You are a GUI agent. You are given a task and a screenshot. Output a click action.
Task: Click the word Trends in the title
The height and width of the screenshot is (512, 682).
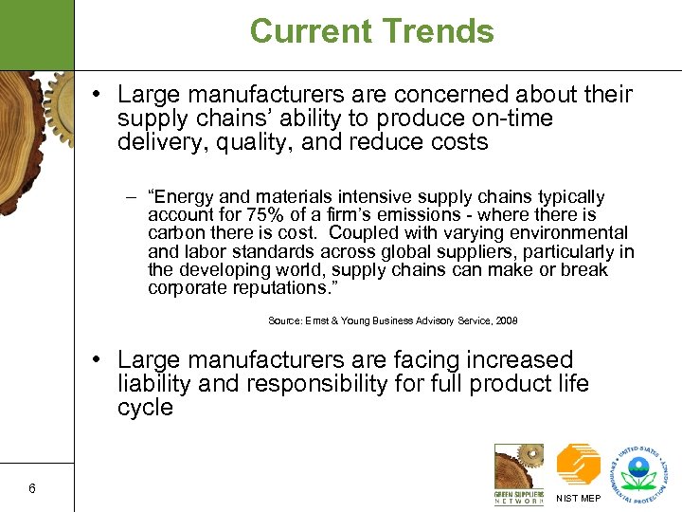coord(439,31)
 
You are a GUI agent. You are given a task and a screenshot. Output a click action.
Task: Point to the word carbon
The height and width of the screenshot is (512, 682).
coord(175,232)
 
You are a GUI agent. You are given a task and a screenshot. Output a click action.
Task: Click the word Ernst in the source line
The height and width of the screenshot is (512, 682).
coord(318,321)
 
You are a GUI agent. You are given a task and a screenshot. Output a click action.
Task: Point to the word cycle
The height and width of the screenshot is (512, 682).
coord(145,408)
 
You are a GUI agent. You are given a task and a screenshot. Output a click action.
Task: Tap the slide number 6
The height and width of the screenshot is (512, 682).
coord(32,489)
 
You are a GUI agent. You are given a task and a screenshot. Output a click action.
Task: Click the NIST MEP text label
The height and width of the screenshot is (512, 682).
coord(578,498)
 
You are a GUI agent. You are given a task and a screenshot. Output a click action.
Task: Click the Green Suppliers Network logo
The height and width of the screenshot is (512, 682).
coord(519,472)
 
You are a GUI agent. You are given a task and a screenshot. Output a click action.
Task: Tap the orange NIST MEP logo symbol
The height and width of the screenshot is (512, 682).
coord(578,465)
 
